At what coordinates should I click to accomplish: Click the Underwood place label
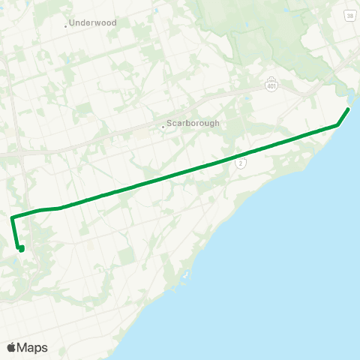coord(94,23)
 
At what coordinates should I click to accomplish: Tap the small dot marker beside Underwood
coord(66,25)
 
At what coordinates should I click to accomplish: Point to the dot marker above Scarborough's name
coord(163,126)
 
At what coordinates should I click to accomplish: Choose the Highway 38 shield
coord(349,14)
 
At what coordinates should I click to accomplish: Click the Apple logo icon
coord(11,347)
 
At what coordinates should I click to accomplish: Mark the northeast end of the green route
coord(348,109)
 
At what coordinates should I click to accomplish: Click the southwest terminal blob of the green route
coord(21,248)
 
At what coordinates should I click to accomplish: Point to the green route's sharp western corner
coord(12,217)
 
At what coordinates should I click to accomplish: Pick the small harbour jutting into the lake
coord(184,283)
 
